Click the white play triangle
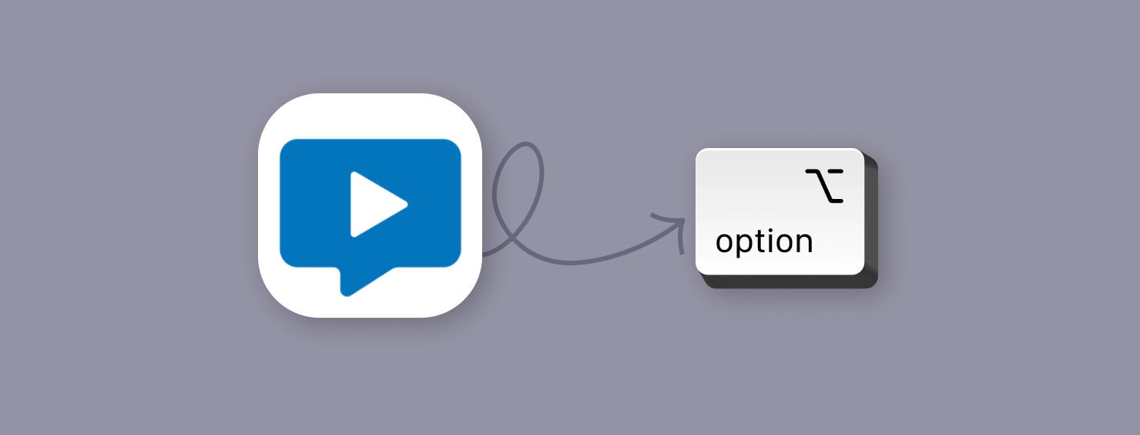[373, 204]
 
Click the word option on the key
[763, 241]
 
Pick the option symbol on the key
[824, 185]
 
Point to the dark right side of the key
[871, 224]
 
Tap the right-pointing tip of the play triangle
[405, 204]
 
